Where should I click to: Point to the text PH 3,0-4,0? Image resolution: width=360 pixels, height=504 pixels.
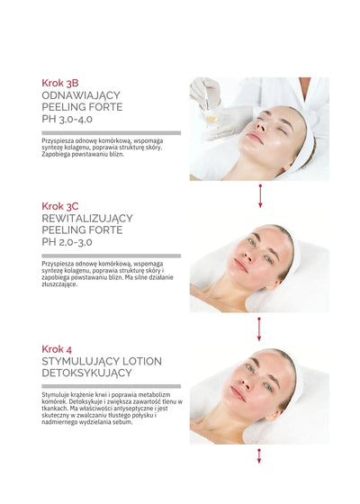pos(72,120)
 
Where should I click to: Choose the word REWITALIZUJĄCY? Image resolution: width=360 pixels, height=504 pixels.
pos(87,218)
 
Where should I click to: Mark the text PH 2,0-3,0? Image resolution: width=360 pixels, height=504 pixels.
pos(72,242)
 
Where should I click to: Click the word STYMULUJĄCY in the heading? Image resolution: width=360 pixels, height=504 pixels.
pos(83,361)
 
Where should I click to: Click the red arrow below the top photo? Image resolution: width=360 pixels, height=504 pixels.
pos(260,195)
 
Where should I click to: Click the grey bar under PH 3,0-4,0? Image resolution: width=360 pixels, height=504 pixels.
pos(111,133)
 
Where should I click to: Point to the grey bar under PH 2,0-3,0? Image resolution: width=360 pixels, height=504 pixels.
pos(111,256)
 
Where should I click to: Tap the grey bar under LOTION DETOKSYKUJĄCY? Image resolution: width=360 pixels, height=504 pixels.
pos(111,386)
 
